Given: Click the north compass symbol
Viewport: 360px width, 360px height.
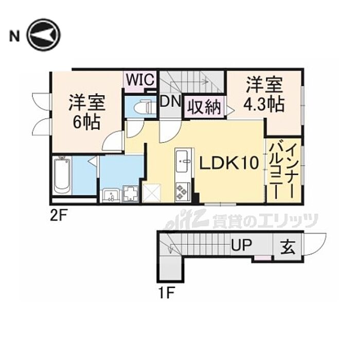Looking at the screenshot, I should click(x=44, y=34).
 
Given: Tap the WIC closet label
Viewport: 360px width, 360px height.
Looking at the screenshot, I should click(x=138, y=80).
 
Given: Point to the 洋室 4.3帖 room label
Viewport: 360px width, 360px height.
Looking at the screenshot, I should click(x=264, y=94).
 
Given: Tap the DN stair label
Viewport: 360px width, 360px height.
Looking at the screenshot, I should click(x=169, y=101).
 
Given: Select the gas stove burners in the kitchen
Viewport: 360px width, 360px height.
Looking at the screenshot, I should click(x=182, y=192).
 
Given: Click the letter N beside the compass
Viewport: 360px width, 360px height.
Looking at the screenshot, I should click(x=15, y=35).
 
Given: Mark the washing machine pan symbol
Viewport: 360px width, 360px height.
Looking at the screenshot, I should click(x=131, y=195).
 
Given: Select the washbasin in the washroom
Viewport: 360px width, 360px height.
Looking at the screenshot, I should click(x=111, y=195).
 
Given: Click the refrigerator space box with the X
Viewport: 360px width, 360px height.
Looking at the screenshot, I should click(x=153, y=193).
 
